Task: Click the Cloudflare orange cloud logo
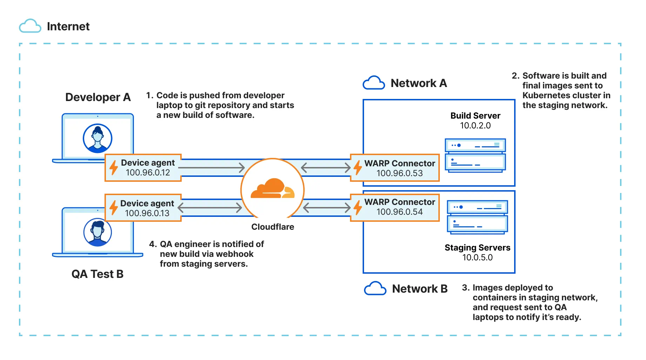coord(272,189)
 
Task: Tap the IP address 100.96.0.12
coord(148,173)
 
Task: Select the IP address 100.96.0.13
coord(147,213)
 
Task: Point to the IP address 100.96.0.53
coord(399,173)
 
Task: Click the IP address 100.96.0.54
coord(399,212)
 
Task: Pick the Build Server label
coord(475,116)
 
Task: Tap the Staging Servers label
coord(477,248)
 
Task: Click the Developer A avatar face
coord(97,138)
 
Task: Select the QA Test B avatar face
coord(97,232)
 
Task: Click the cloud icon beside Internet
coord(30,26)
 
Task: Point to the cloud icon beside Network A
coord(374,83)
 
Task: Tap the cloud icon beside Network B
coord(375,288)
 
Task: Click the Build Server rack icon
coord(475,155)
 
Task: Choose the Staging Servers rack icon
coord(477,217)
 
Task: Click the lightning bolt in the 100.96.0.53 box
coord(357,168)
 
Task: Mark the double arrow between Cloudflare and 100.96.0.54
coord(327,208)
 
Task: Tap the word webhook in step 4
coord(236,254)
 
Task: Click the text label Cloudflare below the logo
coord(272,227)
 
